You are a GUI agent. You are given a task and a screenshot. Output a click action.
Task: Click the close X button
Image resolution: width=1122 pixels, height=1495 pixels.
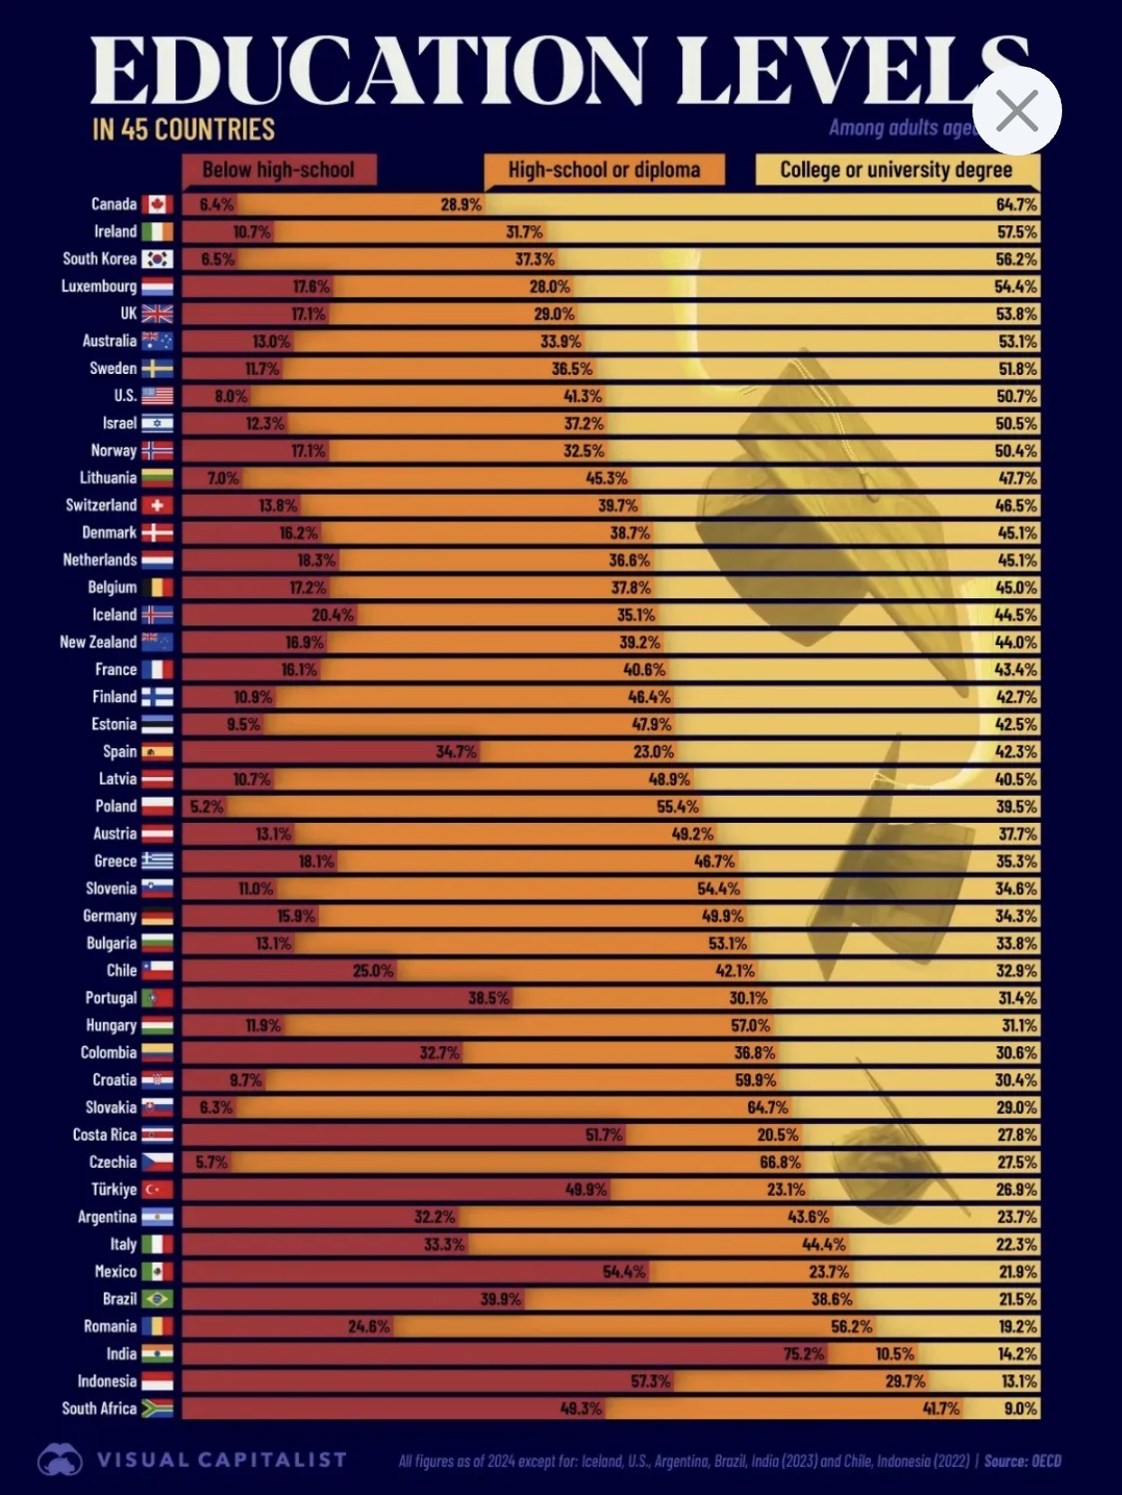click(1016, 111)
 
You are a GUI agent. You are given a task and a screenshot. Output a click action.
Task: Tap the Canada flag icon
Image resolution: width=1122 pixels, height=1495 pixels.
click(157, 204)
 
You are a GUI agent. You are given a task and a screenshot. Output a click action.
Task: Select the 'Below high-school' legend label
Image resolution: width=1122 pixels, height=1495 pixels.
click(278, 170)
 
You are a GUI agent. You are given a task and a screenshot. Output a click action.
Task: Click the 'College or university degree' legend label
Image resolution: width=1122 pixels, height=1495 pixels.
click(896, 170)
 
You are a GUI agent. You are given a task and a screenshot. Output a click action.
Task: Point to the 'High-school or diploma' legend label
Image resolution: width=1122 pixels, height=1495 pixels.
click(603, 170)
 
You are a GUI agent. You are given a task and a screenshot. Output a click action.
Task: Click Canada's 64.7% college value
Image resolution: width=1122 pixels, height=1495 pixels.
click(1016, 204)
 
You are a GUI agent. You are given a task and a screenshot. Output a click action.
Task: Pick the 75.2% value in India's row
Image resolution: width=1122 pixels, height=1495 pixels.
click(803, 1353)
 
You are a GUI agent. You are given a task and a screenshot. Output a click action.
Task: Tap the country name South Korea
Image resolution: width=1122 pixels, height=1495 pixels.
click(99, 258)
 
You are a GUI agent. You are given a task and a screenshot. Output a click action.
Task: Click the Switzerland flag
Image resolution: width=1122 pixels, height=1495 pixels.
click(157, 506)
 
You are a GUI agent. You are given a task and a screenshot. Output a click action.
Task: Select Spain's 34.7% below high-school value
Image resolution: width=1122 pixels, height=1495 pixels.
click(456, 751)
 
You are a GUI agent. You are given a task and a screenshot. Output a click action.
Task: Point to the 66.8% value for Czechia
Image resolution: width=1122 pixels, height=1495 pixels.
click(780, 1162)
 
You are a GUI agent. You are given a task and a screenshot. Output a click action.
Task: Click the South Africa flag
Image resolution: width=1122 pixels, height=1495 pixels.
click(157, 1408)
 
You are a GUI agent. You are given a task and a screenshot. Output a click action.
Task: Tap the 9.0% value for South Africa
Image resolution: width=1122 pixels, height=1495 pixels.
click(1020, 1408)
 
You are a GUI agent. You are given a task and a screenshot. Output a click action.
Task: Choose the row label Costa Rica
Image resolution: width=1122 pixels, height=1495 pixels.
click(104, 1134)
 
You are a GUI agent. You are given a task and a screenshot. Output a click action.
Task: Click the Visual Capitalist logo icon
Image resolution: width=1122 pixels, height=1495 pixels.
click(60, 1460)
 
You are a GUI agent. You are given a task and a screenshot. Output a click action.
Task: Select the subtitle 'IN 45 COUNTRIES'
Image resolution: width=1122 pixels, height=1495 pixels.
click(184, 130)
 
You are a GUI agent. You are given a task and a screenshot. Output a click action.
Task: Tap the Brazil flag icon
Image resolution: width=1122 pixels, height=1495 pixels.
click(157, 1299)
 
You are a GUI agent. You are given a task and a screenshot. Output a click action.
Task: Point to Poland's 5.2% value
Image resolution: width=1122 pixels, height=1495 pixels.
click(206, 806)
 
